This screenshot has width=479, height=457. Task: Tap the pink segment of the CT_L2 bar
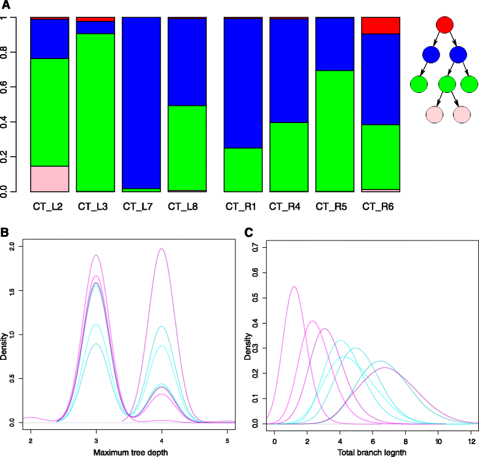coord(49,178)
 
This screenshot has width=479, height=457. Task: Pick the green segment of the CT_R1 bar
coord(243,170)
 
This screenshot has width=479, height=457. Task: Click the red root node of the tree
coord(445,25)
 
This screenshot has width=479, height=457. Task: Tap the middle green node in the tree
coord(445,83)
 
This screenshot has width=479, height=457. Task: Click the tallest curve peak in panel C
coord(294,287)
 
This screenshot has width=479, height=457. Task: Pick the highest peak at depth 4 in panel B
coord(162,249)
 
